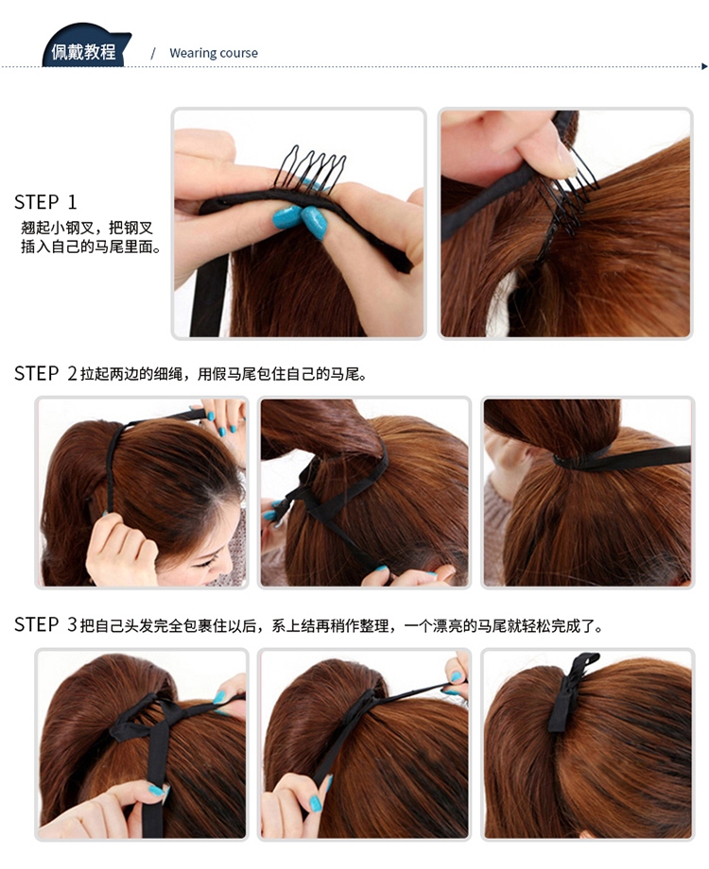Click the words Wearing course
tap(214, 53)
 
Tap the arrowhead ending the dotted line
tap(704, 66)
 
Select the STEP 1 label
tap(45, 202)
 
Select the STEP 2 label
tap(45, 373)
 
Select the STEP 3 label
tap(45, 624)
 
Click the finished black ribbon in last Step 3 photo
tap(570, 690)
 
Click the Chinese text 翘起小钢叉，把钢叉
tap(87, 228)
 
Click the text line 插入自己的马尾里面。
tap(91, 247)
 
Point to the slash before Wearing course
tap(153, 53)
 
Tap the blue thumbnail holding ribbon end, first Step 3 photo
tap(157, 791)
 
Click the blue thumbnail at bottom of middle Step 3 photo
tap(316, 803)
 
